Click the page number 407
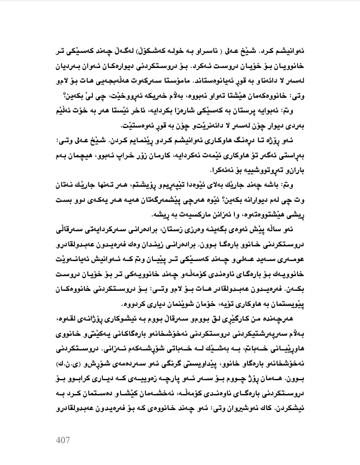point(63,441)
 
